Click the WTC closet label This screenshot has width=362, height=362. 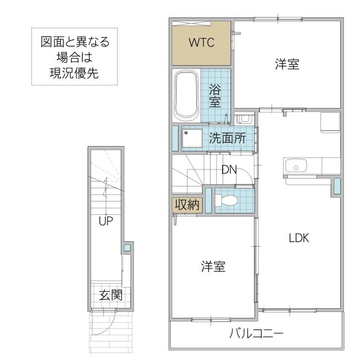[201, 43]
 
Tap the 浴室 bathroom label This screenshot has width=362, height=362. [215, 96]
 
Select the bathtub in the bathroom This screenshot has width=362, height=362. [186, 95]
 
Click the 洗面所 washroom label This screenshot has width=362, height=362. [227, 138]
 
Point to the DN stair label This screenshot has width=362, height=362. [229, 170]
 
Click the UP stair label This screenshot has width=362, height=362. [106, 221]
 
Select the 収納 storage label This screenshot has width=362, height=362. [186, 205]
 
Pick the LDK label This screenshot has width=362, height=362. [298, 238]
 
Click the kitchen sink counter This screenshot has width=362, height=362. [296, 165]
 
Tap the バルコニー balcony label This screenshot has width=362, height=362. [256, 333]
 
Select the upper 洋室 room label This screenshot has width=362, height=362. [287, 65]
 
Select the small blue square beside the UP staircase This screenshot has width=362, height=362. [127, 247]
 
